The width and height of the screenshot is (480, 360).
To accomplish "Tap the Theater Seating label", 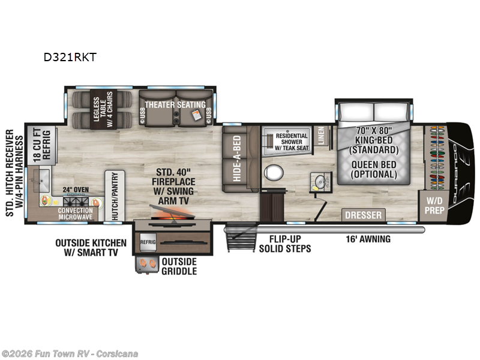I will (174, 103).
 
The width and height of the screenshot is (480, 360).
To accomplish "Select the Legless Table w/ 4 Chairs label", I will (98, 110).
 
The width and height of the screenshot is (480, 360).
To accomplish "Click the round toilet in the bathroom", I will (274, 173).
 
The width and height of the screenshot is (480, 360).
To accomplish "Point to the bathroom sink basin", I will (318, 181).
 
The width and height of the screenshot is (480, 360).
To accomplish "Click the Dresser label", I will (363, 215).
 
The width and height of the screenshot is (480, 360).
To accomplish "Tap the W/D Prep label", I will (434, 206).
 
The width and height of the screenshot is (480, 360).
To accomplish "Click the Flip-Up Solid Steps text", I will (285, 244).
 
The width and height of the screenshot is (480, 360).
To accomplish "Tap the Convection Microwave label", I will (76, 214).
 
